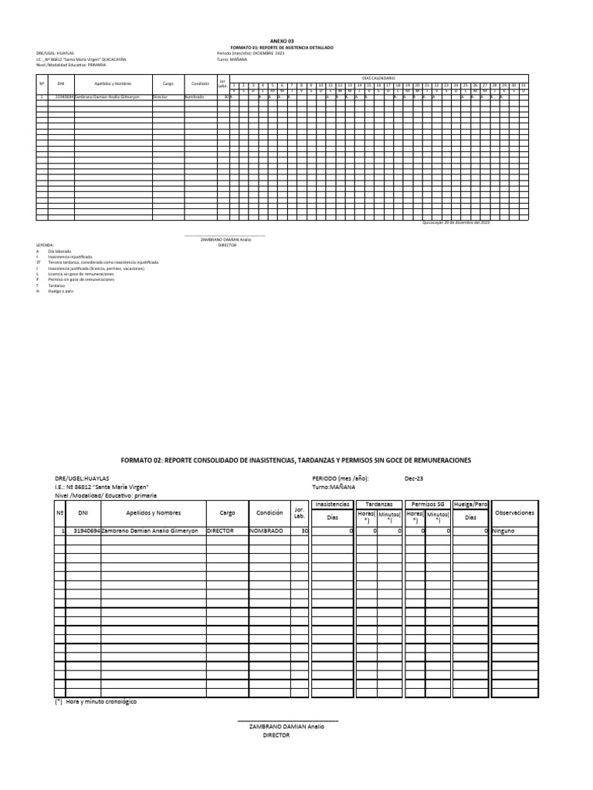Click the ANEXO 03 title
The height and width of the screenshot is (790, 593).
coord(282,40)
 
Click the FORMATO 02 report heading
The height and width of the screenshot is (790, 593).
coord(296,460)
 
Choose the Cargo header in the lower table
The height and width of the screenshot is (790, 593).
coord(227,512)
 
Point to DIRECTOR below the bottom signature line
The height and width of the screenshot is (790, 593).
coord(276,736)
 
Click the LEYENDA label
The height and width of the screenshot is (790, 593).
coord(44,245)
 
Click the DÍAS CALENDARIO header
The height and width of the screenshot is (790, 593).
coord(378,78)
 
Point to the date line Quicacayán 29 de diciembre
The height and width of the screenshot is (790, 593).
coord(456,222)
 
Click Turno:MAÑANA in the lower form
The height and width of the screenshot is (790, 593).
coord(334,488)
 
